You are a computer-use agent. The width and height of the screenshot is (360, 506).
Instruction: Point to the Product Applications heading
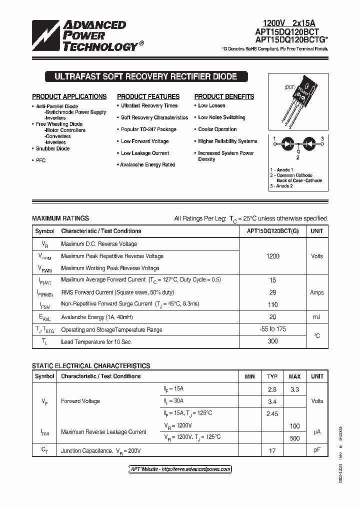click(69, 96)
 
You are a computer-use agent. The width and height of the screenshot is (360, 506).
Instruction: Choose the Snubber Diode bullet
click(52, 148)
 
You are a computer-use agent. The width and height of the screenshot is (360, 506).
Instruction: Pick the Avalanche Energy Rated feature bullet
click(147, 164)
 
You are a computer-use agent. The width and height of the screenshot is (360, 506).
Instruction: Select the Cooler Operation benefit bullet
click(217, 129)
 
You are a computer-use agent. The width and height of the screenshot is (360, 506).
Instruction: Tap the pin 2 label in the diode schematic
click(297, 157)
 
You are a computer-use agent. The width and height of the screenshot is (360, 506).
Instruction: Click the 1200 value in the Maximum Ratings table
click(273, 256)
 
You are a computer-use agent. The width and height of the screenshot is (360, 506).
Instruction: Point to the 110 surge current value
click(273, 304)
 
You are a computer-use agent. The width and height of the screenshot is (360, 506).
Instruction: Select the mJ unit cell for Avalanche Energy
click(316, 317)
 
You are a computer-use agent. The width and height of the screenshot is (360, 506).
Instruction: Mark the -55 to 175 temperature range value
click(273, 329)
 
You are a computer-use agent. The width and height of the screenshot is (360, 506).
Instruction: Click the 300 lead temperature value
click(273, 342)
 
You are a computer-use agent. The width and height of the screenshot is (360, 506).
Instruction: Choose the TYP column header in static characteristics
click(272, 376)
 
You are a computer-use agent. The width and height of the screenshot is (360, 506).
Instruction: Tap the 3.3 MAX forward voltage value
click(294, 389)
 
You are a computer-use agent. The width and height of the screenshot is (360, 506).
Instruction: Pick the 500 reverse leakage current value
click(294, 438)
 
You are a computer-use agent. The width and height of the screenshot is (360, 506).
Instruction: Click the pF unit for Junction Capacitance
click(316, 450)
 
